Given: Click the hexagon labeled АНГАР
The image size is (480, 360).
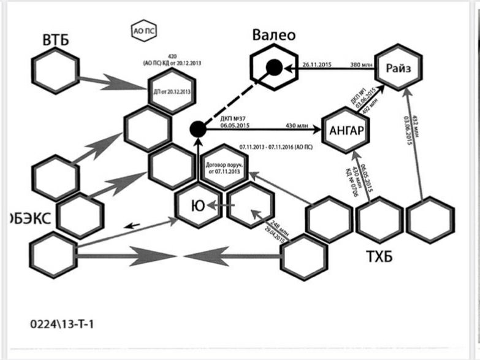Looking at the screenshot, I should pyautogui.click(x=347, y=131).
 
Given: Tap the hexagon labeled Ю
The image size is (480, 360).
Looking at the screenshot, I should pyautogui.click(x=197, y=206).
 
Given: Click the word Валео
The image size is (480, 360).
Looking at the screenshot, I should pyautogui.click(x=274, y=35).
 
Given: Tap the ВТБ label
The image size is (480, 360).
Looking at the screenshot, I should pyautogui.click(x=56, y=41).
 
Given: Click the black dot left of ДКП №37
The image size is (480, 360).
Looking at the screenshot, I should pyautogui.click(x=197, y=129).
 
